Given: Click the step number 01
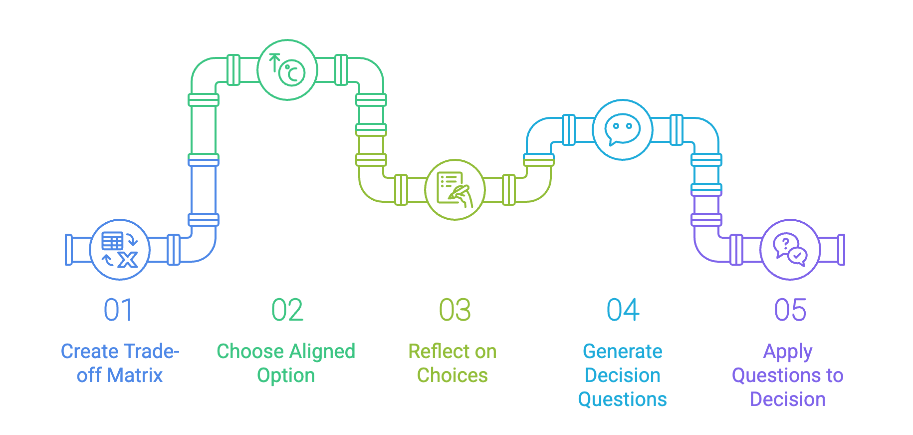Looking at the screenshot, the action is click(x=118, y=310).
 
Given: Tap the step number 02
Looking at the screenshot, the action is click(x=287, y=310).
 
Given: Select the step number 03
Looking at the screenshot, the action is click(x=455, y=310).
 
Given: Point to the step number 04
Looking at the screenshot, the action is click(x=623, y=310).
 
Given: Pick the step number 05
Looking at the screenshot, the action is click(x=790, y=310).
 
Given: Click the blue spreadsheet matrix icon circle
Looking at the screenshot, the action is click(x=120, y=249).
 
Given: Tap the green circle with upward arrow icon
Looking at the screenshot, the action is click(x=287, y=70).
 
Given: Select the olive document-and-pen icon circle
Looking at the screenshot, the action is click(x=455, y=190).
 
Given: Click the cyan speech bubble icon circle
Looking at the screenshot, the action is click(x=622, y=130).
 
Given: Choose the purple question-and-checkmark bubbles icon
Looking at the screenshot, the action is click(x=790, y=249).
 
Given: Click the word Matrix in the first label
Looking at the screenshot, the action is click(x=135, y=376).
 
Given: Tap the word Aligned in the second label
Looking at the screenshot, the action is click(x=322, y=352).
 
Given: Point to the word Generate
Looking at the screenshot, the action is click(x=623, y=352).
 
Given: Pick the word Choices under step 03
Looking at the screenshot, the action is click(x=453, y=376).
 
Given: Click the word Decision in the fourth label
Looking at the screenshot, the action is click(x=623, y=376).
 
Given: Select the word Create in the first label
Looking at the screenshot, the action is click(x=89, y=352).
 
